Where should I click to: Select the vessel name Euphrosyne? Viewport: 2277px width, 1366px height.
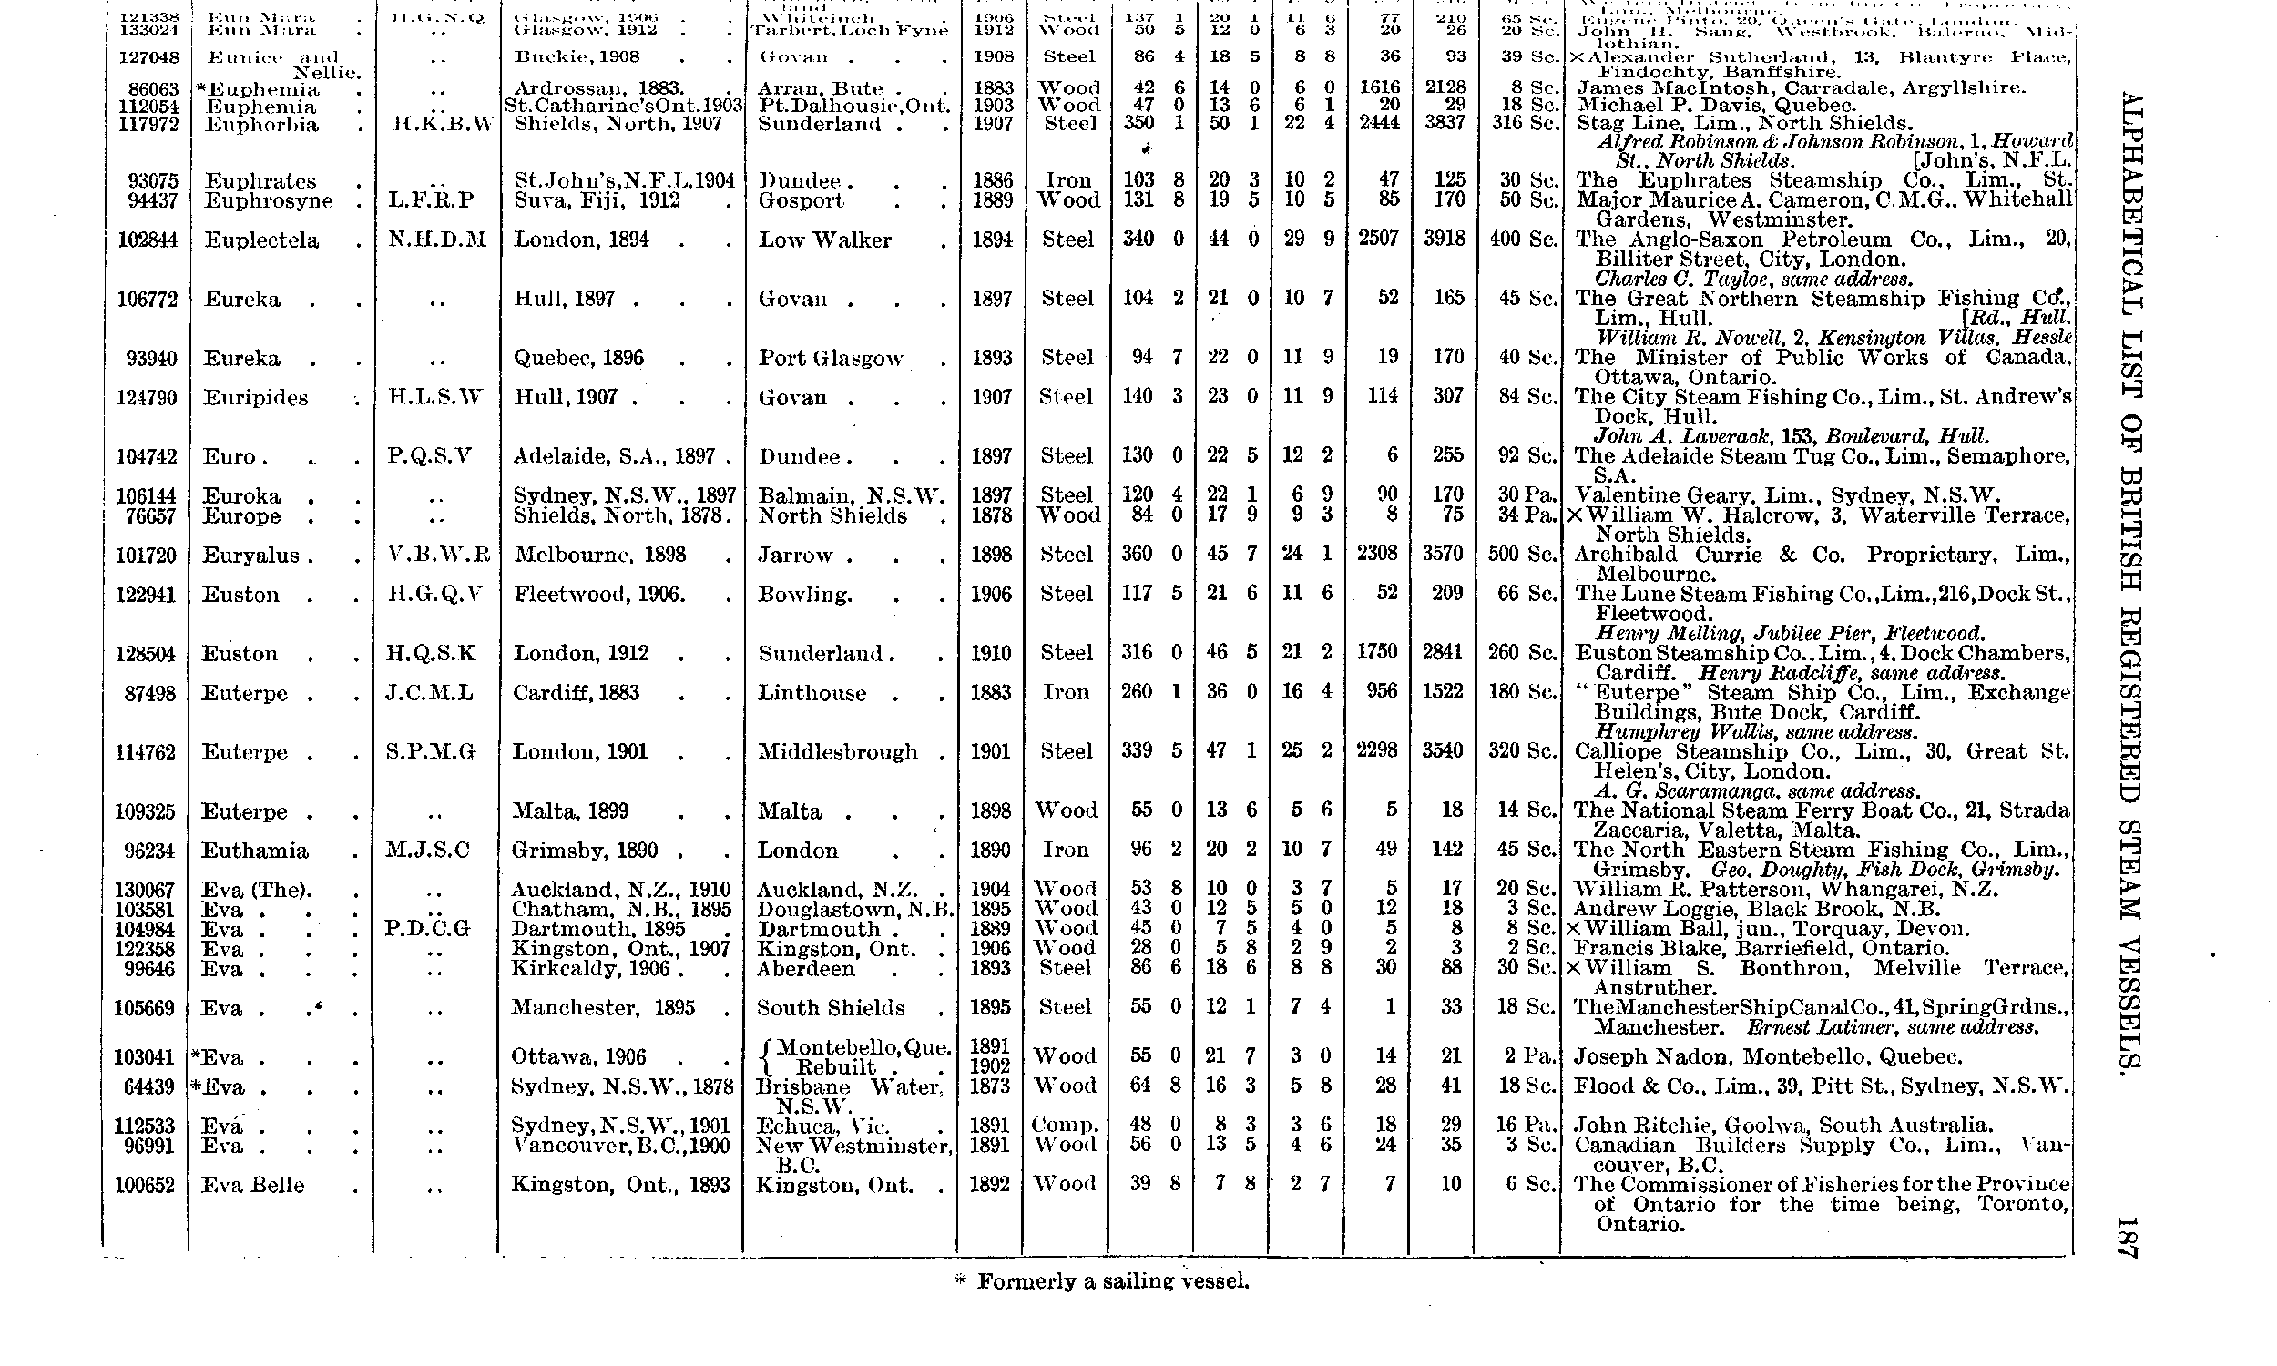[268, 200]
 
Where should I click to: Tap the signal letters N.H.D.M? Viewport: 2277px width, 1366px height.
[436, 240]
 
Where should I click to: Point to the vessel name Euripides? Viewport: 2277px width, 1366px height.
[255, 398]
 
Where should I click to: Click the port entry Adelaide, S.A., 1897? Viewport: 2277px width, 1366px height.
[621, 456]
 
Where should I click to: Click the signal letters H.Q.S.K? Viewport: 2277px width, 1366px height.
[432, 654]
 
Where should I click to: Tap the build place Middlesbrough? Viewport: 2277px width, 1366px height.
[838, 752]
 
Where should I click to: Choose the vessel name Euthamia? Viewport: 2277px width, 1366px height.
[254, 851]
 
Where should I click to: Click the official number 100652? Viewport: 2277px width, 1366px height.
[145, 1185]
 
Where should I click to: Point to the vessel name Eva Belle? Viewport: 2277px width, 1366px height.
[252, 1185]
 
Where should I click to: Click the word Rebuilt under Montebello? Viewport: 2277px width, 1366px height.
[835, 1068]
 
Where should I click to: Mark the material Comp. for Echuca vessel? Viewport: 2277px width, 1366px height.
[1064, 1126]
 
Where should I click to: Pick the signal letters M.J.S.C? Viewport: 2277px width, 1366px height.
[430, 851]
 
